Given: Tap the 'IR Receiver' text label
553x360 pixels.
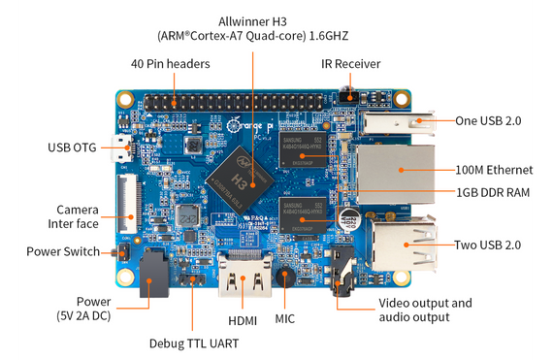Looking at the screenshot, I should pyautogui.click(x=350, y=64).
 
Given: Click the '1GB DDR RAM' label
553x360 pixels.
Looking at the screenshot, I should pyautogui.click(x=493, y=192).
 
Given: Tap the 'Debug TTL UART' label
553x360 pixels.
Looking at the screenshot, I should pyautogui.click(x=193, y=343).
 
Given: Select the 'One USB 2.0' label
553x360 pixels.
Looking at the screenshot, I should pyautogui.click(x=489, y=121).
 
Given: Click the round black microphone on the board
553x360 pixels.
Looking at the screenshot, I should pyautogui.click(x=285, y=275).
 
